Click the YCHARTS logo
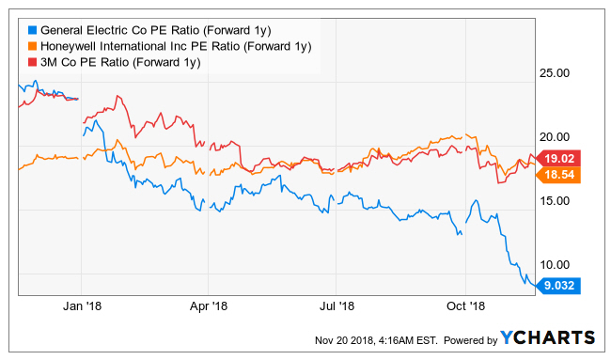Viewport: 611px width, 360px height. tap(548, 337)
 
